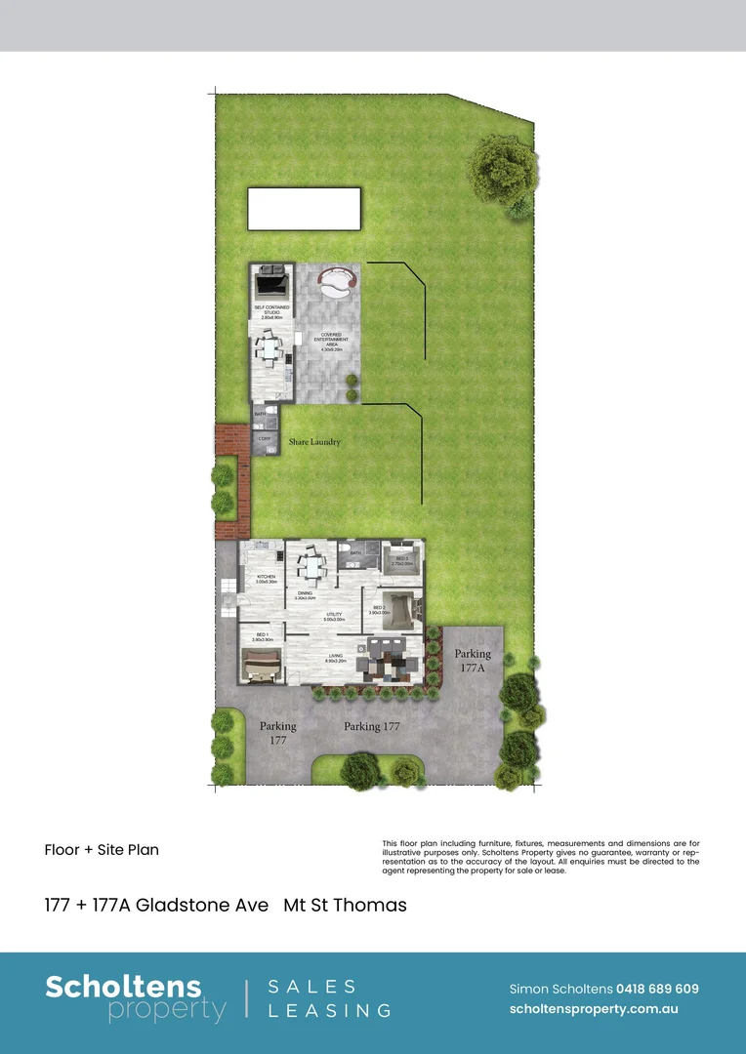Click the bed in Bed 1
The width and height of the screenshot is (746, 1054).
click(261, 669)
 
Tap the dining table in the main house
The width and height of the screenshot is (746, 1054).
click(311, 565)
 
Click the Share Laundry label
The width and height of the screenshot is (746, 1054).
click(314, 442)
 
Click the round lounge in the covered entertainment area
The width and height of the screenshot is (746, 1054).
click(338, 284)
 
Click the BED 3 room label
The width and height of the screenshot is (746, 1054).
click(400, 561)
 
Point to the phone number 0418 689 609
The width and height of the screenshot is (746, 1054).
click(657, 989)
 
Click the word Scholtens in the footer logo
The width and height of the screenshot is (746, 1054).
click(123, 987)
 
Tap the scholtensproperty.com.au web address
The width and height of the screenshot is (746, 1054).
click(594, 1010)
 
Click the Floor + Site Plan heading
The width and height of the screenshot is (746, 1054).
click(102, 849)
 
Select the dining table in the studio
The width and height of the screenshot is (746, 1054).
click(269, 346)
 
